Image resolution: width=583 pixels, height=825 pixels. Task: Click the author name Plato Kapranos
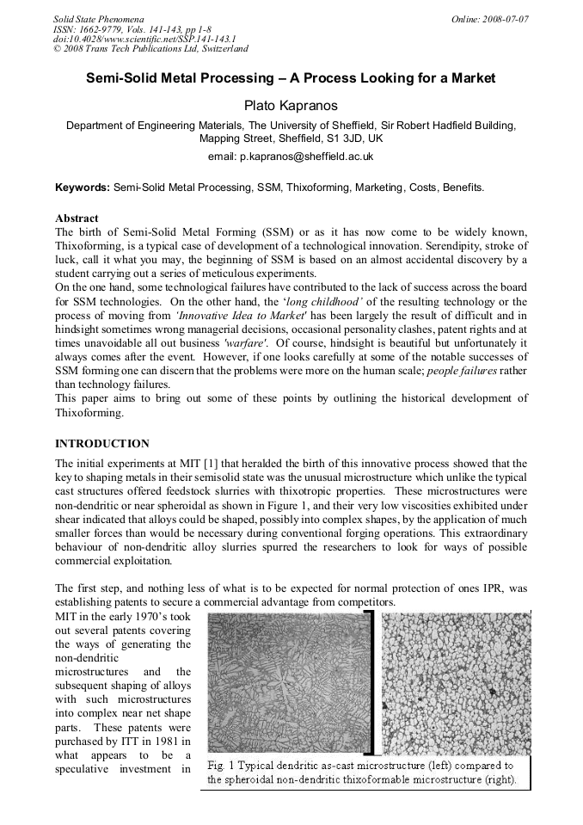[x=291, y=104]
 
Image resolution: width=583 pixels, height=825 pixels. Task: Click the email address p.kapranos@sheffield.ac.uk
[x=291, y=157]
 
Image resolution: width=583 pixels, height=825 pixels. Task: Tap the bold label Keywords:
[x=83, y=187]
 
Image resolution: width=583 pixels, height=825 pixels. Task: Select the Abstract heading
[x=77, y=219]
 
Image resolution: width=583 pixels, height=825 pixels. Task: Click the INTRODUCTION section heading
[x=102, y=444]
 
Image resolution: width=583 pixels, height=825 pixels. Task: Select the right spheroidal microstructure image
[x=455, y=681]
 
